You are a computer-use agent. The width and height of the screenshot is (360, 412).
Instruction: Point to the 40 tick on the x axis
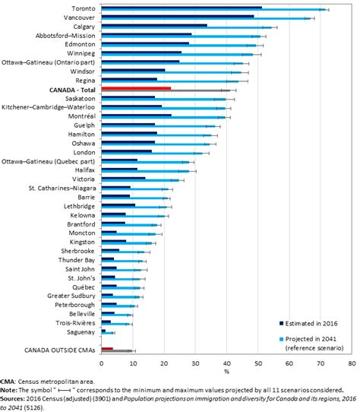(x=226, y=364)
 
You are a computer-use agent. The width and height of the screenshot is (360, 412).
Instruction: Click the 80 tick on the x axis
(x=351, y=364)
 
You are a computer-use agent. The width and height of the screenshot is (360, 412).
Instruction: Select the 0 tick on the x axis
(x=101, y=364)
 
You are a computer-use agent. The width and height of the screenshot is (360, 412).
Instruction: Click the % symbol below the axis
(x=226, y=372)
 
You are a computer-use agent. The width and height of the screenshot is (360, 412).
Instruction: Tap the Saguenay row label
(x=79, y=331)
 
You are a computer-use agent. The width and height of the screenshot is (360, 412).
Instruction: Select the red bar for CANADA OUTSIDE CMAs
(x=107, y=349)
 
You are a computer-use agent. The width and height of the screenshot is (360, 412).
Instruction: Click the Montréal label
(x=79, y=116)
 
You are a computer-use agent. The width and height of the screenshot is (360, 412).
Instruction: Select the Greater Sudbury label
(x=70, y=295)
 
